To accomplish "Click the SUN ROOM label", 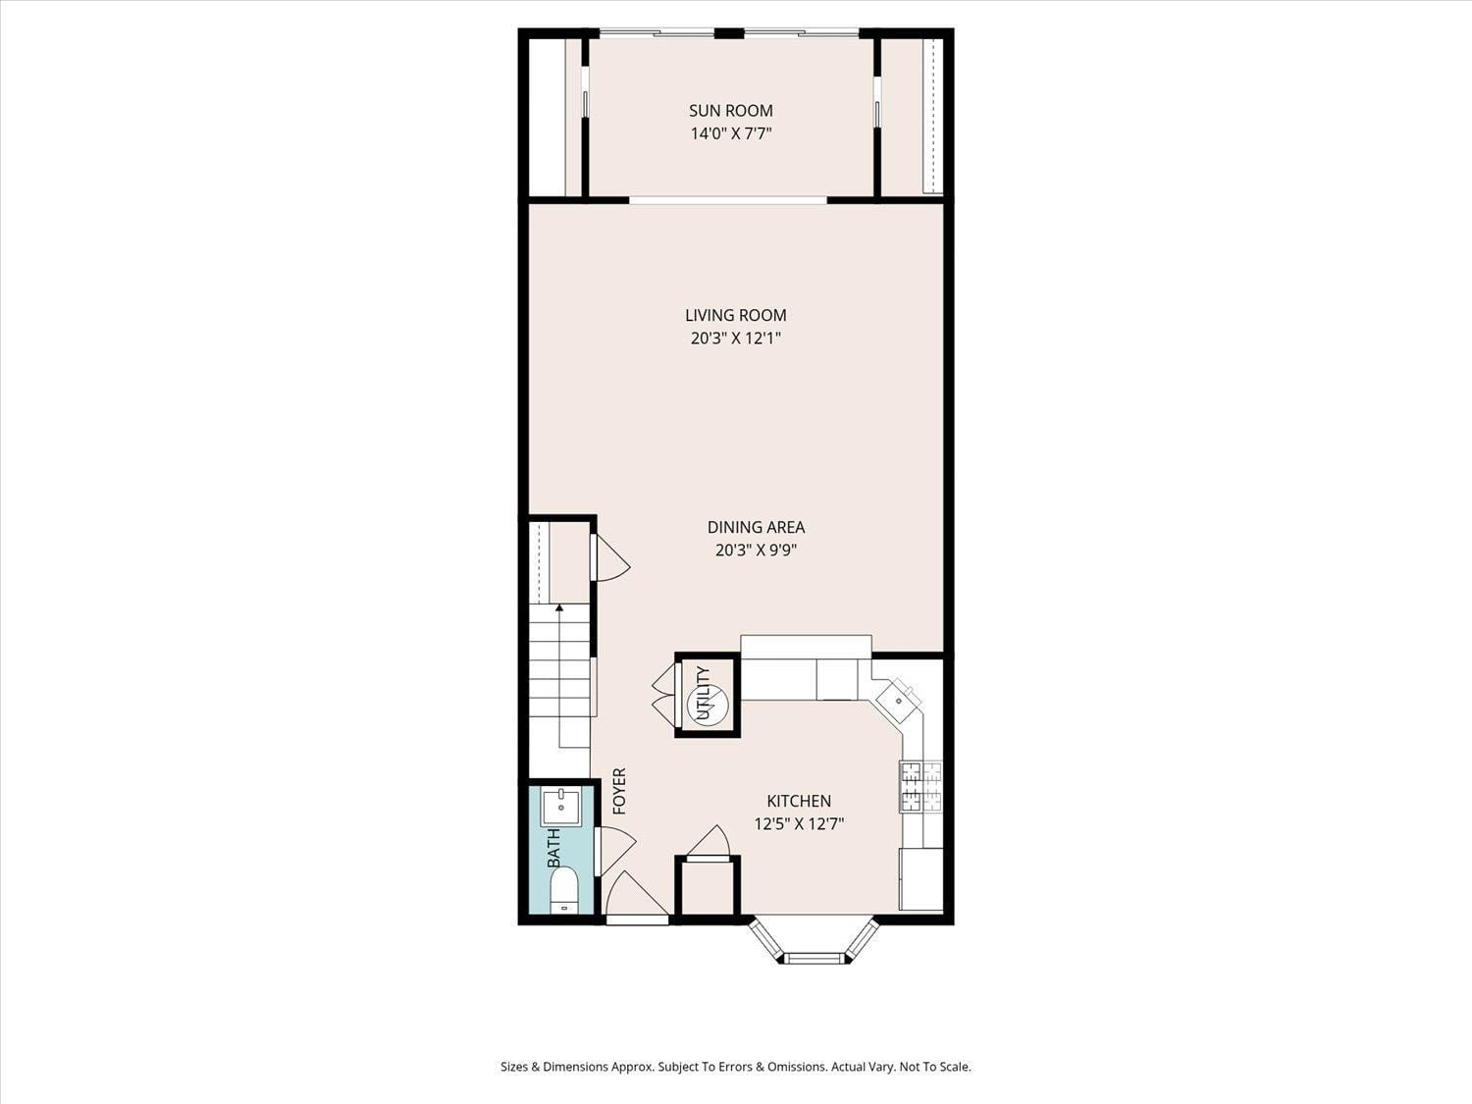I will (x=730, y=111).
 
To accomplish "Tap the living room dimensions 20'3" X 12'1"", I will (x=735, y=339).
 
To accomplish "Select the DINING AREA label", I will (x=756, y=527).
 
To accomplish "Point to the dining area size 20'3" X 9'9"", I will (x=755, y=551).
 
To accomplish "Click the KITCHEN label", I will (x=798, y=801).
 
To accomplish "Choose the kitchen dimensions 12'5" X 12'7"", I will (x=798, y=824).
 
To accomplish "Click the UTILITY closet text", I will (x=703, y=693).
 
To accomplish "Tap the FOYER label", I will (x=619, y=791).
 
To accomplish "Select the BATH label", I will (x=553, y=848).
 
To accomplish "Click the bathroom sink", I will (x=561, y=806).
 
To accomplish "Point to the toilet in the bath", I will (x=563, y=891).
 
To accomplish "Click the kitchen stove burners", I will (x=920, y=786).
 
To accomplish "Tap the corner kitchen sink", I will (x=898, y=700).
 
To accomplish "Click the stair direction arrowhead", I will (x=559, y=608).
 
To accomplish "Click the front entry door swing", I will (x=633, y=898).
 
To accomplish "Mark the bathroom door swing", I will (x=614, y=849).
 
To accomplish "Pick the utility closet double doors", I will (x=663, y=695).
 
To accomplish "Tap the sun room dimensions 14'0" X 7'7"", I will (x=730, y=134).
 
